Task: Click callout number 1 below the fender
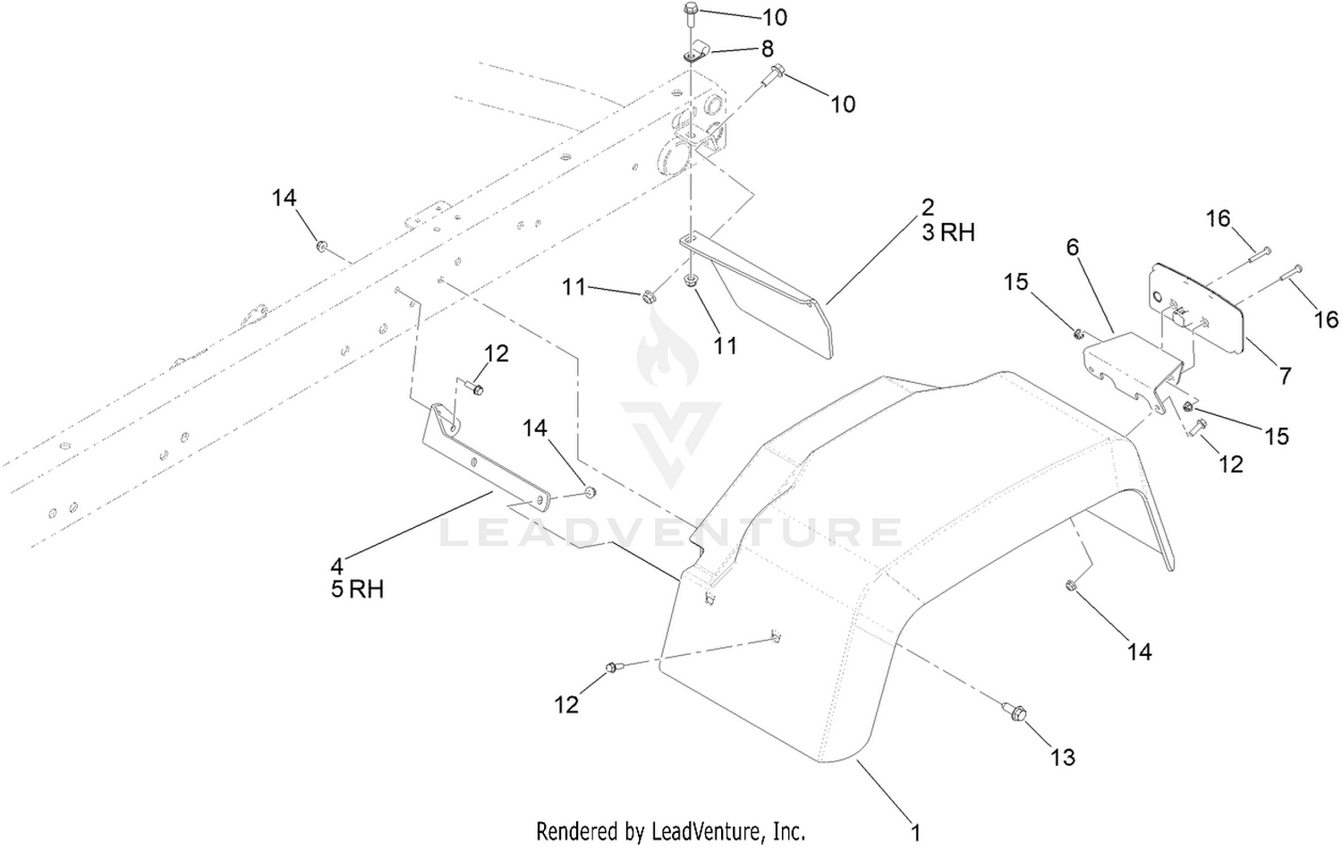coord(915,833)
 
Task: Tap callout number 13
coord(1063,757)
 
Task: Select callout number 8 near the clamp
coord(767,48)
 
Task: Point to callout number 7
coord(1284,376)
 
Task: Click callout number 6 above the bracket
coord(1072,246)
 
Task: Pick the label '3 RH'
coord(948,232)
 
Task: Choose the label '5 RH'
coord(357,590)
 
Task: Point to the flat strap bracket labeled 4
coord(487,458)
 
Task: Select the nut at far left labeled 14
coord(321,245)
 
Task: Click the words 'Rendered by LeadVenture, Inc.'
coord(670,832)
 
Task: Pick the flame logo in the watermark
coord(667,350)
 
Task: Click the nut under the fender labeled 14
coord(1072,585)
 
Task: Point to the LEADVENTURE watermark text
coord(671,532)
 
